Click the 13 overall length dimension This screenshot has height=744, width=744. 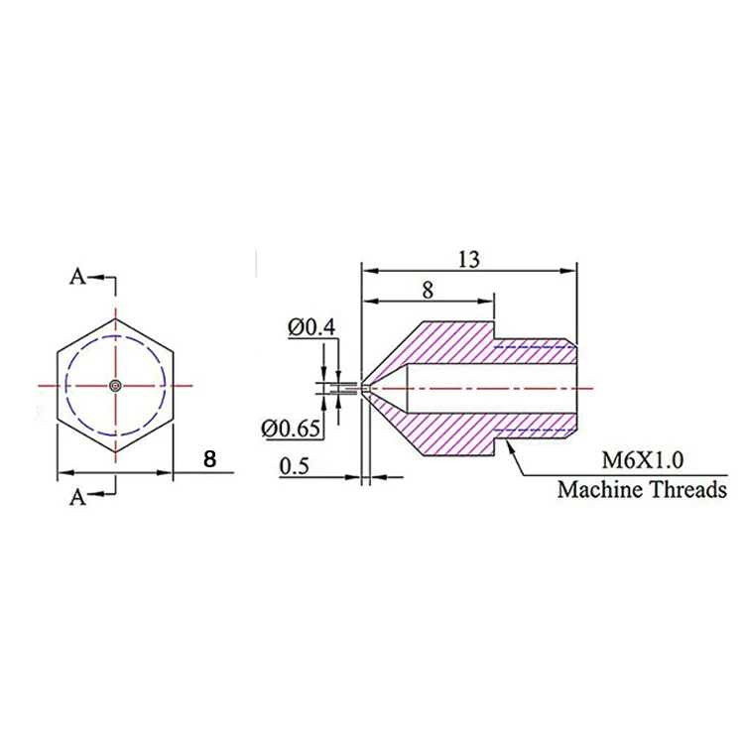pos(469,260)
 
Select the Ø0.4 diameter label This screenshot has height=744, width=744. pos(311,327)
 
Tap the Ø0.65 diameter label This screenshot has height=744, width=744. pos(291,429)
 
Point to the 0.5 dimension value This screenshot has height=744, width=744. pos(294,466)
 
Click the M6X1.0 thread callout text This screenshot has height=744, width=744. pos(643,459)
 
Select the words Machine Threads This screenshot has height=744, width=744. pos(642,489)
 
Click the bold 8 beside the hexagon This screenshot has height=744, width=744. pos(209,459)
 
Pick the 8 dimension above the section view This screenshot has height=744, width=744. pos(428,290)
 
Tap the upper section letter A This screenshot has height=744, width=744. pos(77,276)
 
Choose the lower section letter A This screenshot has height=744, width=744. pos(77,497)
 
